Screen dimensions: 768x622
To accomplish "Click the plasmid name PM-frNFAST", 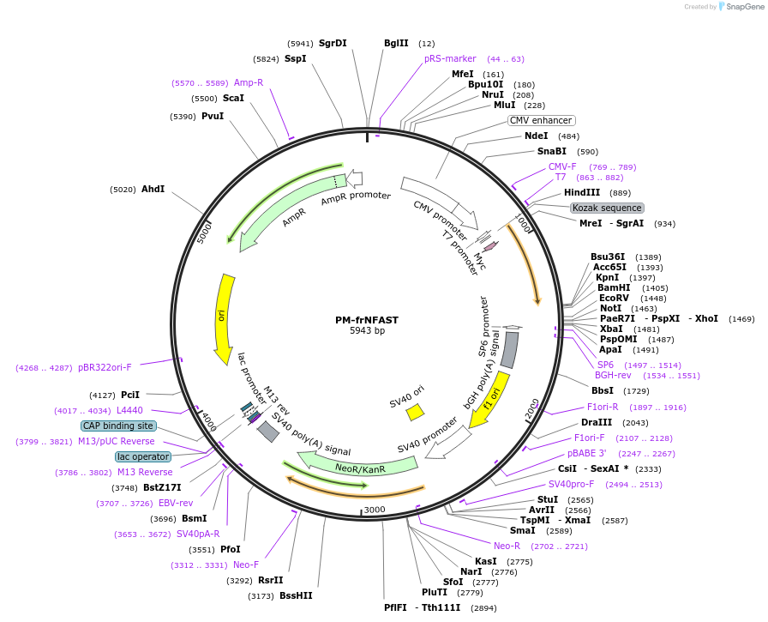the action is pyautogui.click(x=366, y=320).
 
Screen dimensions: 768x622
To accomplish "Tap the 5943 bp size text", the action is pyautogui.click(x=366, y=331).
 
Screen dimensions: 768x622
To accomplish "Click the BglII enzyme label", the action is pyautogui.click(x=396, y=43).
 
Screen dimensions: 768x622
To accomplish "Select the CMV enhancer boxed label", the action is pyautogui.click(x=541, y=120).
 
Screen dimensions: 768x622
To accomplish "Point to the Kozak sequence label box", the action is pyautogui.click(x=607, y=208).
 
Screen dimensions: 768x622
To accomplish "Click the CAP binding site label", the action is pyautogui.click(x=118, y=426).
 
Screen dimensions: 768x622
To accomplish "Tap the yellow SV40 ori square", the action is pyautogui.click(x=415, y=412).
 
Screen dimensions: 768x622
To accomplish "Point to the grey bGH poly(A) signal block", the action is pyautogui.click(x=509, y=350).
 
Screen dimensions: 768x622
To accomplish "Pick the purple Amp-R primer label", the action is pyautogui.click(x=249, y=82).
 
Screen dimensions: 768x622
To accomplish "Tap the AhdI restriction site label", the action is pyautogui.click(x=153, y=189).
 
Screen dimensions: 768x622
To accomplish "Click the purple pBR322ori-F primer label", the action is pyautogui.click(x=105, y=367).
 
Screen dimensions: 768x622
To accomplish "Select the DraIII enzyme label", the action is pyautogui.click(x=596, y=422).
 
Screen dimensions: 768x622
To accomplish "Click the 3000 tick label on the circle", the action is pyautogui.click(x=375, y=510).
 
